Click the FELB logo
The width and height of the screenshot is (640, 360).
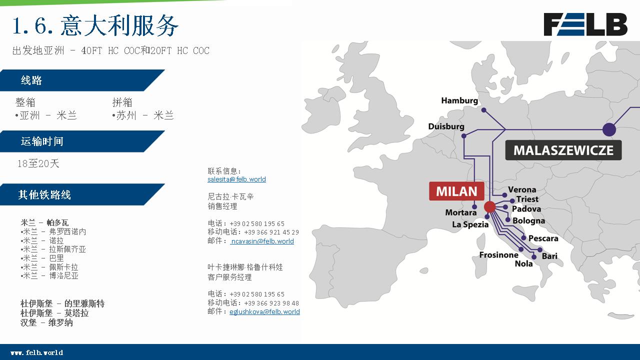pos(585,24)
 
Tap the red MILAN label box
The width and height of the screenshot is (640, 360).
pos(456,191)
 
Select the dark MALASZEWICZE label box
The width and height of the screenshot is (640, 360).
pos(563,150)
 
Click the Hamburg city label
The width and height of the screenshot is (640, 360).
pos(459,100)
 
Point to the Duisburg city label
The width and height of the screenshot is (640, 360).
pos(446,126)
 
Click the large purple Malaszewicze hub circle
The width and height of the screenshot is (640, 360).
pos(609,129)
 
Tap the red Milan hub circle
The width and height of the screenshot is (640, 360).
pos(489,207)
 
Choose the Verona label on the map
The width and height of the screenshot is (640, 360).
pos(522,189)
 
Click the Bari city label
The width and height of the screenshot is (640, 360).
pos(549,256)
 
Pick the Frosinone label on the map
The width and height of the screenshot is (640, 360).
pos(498,255)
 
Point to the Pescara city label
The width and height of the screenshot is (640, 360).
pos(543,238)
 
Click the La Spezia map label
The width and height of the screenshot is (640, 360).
pos(470,224)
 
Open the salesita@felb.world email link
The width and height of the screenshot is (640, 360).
pos(236,179)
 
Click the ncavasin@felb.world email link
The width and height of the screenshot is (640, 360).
pos(262,241)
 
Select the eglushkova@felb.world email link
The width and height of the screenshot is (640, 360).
pos(264,311)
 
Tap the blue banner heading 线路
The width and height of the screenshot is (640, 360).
pos(31,80)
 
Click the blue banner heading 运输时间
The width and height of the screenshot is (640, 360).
pos(42,141)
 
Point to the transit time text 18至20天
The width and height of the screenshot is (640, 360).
pos(38,163)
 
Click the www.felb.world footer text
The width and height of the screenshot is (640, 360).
pos(37,352)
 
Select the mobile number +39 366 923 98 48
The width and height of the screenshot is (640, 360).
pos(271,303)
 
